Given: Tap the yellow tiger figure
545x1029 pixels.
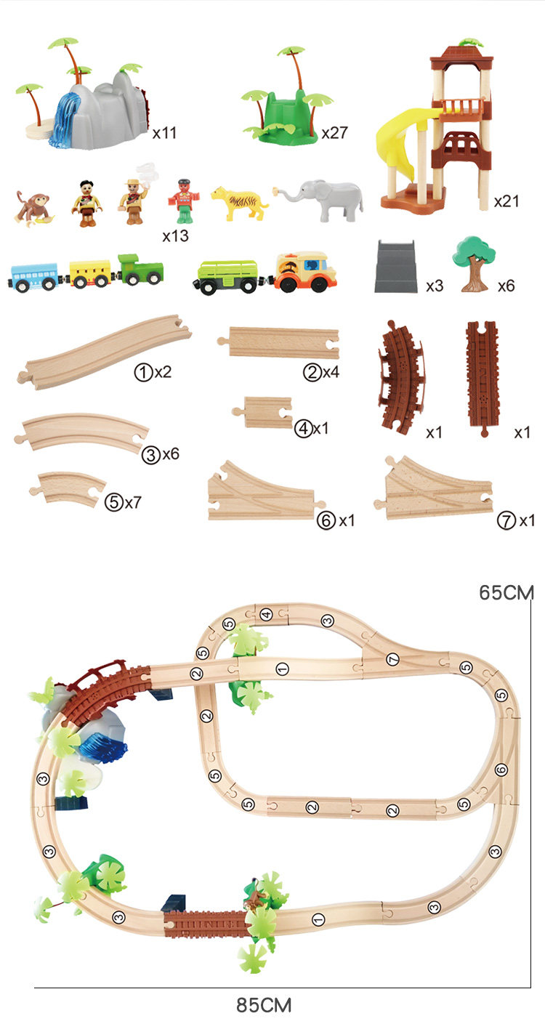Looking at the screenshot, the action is coord(239,203).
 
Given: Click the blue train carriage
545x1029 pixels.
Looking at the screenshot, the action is coord(34,278).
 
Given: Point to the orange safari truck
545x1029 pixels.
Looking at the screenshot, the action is coord(306,272).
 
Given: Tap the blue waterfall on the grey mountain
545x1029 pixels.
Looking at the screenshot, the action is coord(67,120).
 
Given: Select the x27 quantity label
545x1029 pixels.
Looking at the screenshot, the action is coord(334,133).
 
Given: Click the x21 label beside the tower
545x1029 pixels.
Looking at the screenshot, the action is coord(506,201).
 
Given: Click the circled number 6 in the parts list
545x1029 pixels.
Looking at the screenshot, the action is coord(326,520).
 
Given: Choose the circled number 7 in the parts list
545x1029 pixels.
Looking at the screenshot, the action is coord(506,520).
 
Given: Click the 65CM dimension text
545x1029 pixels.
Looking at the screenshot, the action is coord(506,592).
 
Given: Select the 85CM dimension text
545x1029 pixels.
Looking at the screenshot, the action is coord(264,1004).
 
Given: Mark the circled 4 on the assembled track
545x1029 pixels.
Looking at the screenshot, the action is coord(266,614).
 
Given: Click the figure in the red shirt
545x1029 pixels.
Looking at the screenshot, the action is coord(183,201).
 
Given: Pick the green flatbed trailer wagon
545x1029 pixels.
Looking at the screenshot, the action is coord(227,275).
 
